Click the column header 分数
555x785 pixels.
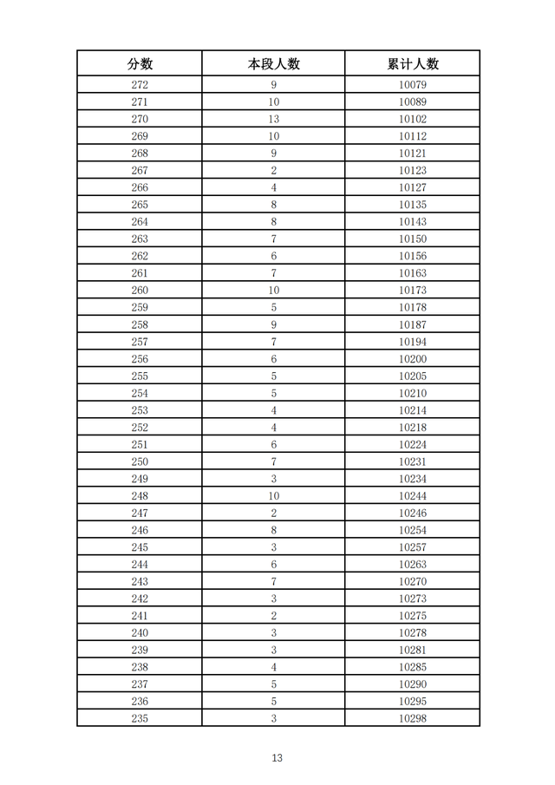coord(140,63)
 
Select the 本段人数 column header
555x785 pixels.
coord(273,63)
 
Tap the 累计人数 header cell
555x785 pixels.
coord(413,63)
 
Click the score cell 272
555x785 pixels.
coord(140,85)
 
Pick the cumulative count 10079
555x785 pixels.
coord(413,85)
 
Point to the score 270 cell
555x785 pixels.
coord(140,119)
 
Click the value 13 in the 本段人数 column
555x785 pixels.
coord(273,119)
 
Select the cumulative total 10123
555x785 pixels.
coord(413,171)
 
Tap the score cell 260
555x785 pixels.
coord(140,291)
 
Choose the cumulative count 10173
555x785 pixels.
coord(413,291)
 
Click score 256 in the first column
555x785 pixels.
coord(140,359)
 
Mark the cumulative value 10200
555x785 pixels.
coord(413,359)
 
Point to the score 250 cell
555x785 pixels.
coord(140,461)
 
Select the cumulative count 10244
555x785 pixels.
coord(413,496)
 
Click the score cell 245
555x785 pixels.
coord(140,547)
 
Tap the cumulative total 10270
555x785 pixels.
coord(413,582)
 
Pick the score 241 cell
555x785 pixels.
coord(140,616)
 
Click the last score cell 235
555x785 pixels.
coord(140,718)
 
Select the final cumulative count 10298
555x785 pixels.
coord(413,718)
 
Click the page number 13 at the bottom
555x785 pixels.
coord(277,757)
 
